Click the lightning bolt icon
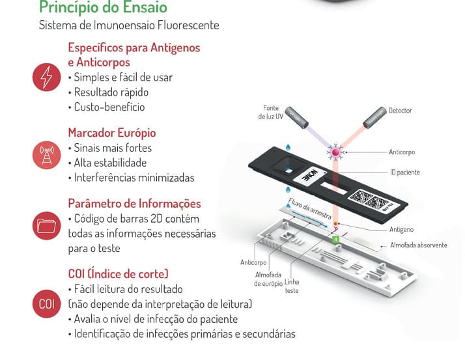pyautogui.click(x=46, y=77)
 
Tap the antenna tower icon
pyautogui.click(x=46, y=155)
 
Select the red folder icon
pyautogui.click(x=46, y=226)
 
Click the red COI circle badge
pyautogui.click(x=46, y=303)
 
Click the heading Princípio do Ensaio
pyautogui.click(x=103, y=7)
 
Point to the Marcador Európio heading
pyautogui.click(x=112, y=133)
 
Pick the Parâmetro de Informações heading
pyautogui.click(x=134, y=203)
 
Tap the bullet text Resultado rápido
pyautogui.click(x=111, y=92)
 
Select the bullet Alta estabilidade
pyautogui.click(x=110, y=163)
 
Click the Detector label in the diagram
pyautogui.click(x=401, y=111)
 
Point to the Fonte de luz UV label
pyautogui.click(x=270, y=112)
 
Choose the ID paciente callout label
pyautogui.click(x=405, y=173)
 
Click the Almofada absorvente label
pyautogui.click(x=419, y=245)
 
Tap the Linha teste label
pyautogui.click(x=292, y=286)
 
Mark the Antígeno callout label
pyautogui.click(x=401, y=230)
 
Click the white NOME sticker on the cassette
pyautogui.click(x=310, y=176)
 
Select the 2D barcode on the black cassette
pyautogui.click(x=369, y=200)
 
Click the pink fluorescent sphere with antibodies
pyautogui.click(x=335, y=152)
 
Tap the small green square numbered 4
pyautogui.click(x=335, y=239)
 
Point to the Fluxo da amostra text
pyautogui.click(x=309, y=208)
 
